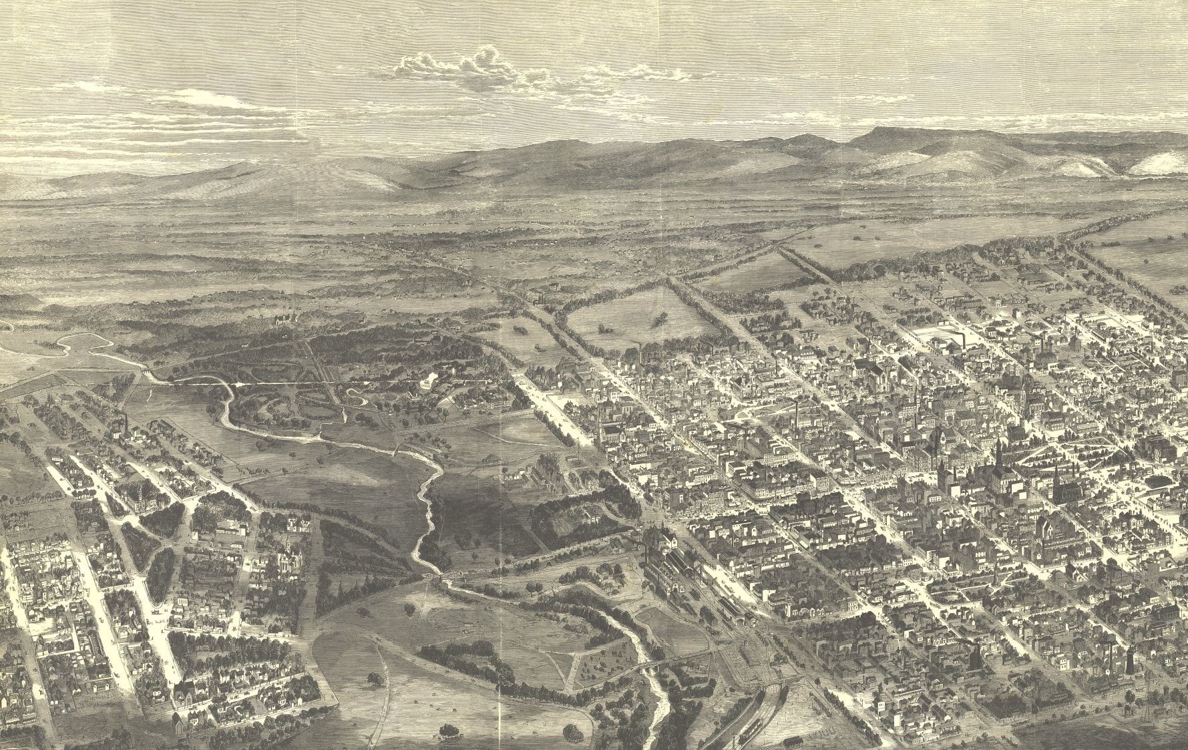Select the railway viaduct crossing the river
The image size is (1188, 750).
(651, 668)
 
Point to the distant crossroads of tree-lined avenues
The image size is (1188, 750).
(779, 248)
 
